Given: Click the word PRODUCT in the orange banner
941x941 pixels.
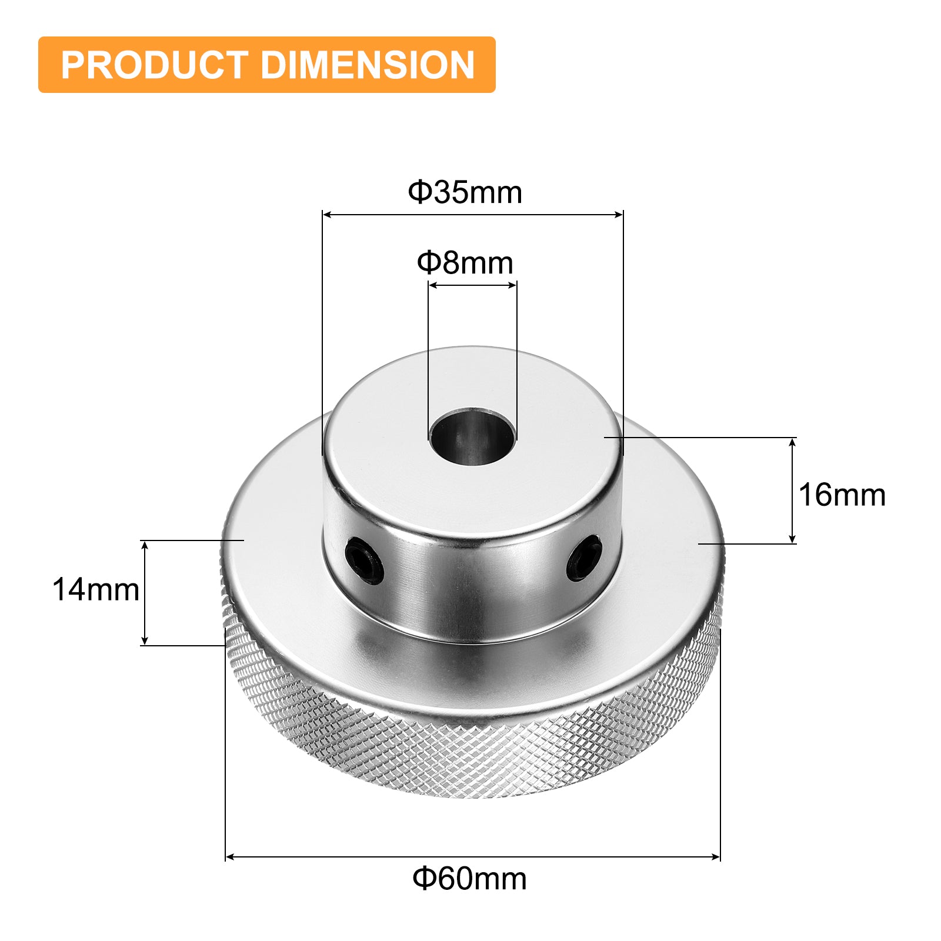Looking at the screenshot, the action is point(154,65).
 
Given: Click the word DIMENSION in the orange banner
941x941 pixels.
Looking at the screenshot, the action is point(368,65).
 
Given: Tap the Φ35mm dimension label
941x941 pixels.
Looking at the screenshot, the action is point(465,192).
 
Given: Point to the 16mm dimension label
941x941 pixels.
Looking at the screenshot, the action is point(842,495).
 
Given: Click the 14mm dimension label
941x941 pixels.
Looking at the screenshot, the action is point(96,589).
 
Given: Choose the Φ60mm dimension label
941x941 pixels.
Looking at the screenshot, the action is point(469,879).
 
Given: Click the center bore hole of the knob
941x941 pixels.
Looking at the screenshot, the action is point(473,438).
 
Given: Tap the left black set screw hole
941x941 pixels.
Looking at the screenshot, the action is point(365,561).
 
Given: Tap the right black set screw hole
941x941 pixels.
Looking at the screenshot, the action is point(584,557).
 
